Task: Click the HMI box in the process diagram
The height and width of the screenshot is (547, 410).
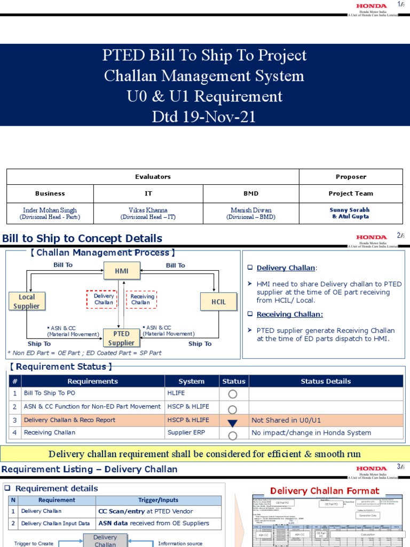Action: (x=122, y=271)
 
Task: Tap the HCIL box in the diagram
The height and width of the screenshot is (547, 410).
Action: (x=219, y=301)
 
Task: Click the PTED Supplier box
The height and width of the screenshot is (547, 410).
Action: (x=122, y=338)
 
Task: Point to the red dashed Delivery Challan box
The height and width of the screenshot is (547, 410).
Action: (x=104, y=299)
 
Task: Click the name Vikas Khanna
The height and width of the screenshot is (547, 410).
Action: (x=148, y=210)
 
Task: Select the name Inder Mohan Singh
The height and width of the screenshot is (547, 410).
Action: (x=50, y=210)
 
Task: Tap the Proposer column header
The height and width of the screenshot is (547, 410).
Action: (x=351, y=177)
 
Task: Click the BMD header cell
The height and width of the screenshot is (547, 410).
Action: (x=251, y=193)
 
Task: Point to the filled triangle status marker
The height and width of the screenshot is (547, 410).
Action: (x=233, y=423)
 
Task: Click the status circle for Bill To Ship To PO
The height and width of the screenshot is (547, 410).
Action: (x=233, y=394)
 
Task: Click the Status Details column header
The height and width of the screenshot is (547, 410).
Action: (x=326, y=381)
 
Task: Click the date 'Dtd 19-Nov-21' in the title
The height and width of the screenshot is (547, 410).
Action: (x=204, y=116)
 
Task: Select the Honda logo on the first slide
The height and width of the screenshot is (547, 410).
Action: (x=371, y=6)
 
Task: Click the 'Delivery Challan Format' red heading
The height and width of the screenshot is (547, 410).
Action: (x=325, y=491)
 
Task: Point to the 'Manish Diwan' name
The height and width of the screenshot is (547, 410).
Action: (x=251, y=210)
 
